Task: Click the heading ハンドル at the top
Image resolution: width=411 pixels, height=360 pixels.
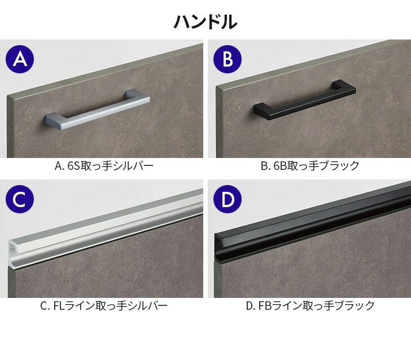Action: tap(205, 21)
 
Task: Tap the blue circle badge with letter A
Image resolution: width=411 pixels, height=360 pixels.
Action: tap(20, 59)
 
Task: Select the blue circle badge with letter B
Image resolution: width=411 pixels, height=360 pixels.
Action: tap(228, 59)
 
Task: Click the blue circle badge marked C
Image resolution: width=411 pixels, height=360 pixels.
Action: tap(20, 199)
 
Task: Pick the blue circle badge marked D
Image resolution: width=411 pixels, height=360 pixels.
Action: tap(228, 199)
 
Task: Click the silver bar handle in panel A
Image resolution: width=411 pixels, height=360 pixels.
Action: tap(98, 109)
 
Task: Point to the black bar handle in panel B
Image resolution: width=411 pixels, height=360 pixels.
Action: tap(305, 100)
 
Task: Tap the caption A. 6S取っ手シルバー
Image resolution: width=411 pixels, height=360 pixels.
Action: tap(104, 166)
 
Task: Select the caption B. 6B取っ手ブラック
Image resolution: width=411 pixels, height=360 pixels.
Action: tap(310, 166)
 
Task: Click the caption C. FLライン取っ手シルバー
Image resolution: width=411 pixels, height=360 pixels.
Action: tap(104, 306)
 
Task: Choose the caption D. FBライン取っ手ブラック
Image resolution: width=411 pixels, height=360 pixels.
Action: tap(311, 306)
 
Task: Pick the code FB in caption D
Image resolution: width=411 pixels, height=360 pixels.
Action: tap(265, 306)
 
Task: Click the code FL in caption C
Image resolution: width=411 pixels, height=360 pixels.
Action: tap(59, 306)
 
